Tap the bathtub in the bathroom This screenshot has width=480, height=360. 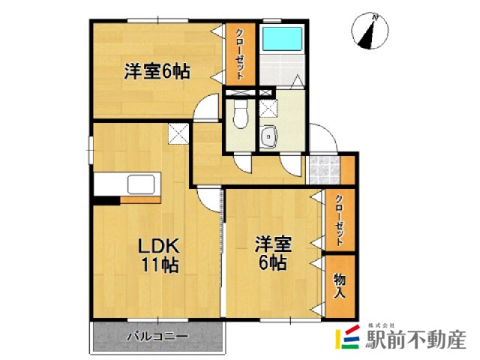(x=280, y=39)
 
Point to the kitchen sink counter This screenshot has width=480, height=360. (x=142, y=184)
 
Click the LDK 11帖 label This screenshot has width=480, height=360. (x=157, y=255)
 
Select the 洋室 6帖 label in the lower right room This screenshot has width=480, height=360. (x=271, y=253)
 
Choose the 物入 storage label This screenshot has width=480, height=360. (x=339, y=283)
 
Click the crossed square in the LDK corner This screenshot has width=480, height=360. (x=178, y=134)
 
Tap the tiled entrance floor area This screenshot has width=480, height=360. (x=322, y=169)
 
